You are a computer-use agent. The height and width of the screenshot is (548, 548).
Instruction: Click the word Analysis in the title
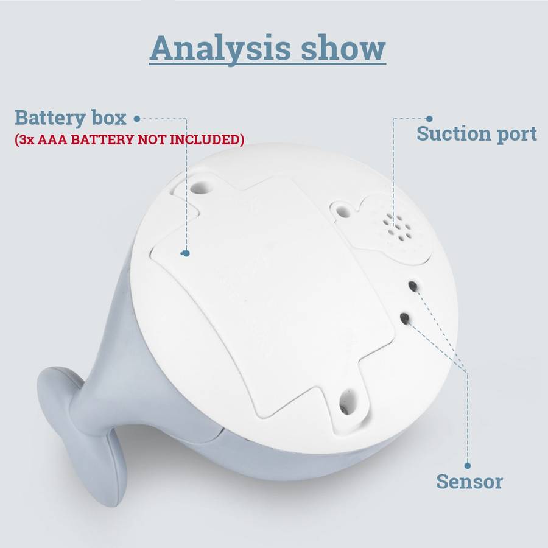[x=220, y=49]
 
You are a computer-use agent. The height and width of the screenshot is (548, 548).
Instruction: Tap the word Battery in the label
[x=50, y=118]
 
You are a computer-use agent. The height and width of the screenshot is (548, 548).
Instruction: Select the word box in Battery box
[x=109, y=118]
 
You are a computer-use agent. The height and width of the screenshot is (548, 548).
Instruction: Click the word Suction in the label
[x=455, y=133]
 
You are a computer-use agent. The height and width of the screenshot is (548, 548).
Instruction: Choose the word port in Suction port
[x=517, y=134]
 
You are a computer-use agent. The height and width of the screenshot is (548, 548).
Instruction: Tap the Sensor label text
[x=469, y=481]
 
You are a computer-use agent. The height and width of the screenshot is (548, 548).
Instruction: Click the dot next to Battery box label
[x=137, y=119]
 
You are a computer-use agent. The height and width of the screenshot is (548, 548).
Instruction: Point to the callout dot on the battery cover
[x=186, y=253]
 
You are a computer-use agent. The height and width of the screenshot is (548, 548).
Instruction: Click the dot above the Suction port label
[x=429, y=119]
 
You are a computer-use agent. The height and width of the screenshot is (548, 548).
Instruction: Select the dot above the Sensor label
[x=468, y=466]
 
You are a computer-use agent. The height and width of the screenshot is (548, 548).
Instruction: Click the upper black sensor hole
[x=413, y=286]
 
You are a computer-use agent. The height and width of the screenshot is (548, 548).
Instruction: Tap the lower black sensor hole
[x=405, y=318]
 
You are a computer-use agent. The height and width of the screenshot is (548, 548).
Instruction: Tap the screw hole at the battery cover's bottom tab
[x=347, y=403]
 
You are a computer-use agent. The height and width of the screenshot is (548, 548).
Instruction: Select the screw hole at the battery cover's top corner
[x=202, y=186]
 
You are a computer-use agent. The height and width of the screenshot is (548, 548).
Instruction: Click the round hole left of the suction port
[x=343, y=211]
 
